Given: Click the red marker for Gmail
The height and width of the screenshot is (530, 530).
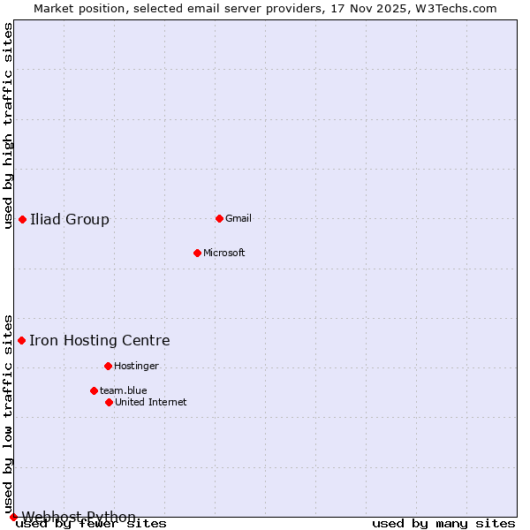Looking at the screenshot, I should pyautogui.click(x=219, y=218).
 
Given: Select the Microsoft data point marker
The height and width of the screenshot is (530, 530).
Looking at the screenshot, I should pyautogui.click(x=197, y=253).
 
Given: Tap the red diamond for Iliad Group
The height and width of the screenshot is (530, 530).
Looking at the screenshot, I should pyautogui.click(x=22, y=219).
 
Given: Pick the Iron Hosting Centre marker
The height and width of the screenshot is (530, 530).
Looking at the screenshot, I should pyautogui.click(x=21, y=340).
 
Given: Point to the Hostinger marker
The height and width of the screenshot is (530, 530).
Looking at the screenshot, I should pyautogui.click(x=108, y=366).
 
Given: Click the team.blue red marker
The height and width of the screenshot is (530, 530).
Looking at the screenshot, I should pyautogui.click(x=94, y=390).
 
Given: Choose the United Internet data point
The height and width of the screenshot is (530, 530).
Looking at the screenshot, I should pyautogui.click(x=109, y=402).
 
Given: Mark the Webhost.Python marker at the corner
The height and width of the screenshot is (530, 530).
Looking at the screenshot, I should pyautogui.click(x=13, y=517).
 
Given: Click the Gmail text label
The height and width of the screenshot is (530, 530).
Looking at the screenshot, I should pyautogui.click(x=238, y=219).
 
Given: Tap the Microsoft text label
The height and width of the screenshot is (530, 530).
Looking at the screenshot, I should pyautogui.click(x=224, y=254).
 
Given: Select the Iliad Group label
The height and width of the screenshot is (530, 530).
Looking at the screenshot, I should pyautogui.click(x=70, y=220).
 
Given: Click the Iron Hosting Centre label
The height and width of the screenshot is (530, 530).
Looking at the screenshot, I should pyautogui.click(x=100, y=341).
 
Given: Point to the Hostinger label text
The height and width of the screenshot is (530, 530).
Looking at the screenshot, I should pyautogui.click(x=137, y=367).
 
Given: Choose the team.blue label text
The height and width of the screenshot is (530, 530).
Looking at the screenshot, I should pyautogui.click(x=124, y=391).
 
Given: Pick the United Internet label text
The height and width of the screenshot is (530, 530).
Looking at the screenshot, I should pyautogui.click(x=151, y=403).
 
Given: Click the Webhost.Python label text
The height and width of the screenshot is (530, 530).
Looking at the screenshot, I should pyautogui.click(x=79, y=517).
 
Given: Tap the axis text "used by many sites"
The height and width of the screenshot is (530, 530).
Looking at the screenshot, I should pyautogui.click(x=443, y=524).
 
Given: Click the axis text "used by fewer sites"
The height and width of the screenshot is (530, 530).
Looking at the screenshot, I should pyautogui.click(x=91, y=524).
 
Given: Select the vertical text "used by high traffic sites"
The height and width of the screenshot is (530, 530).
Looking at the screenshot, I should pyautogui.click(x=9, y=125).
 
